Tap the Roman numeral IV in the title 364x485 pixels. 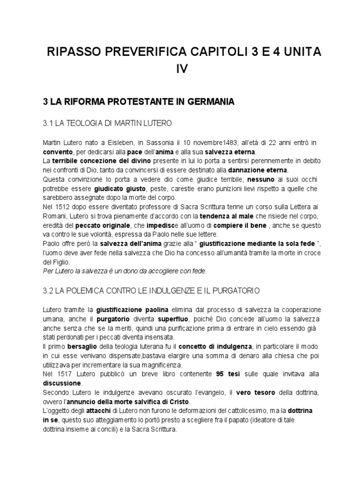182,69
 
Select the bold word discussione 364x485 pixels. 62,383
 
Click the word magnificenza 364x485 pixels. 162,365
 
